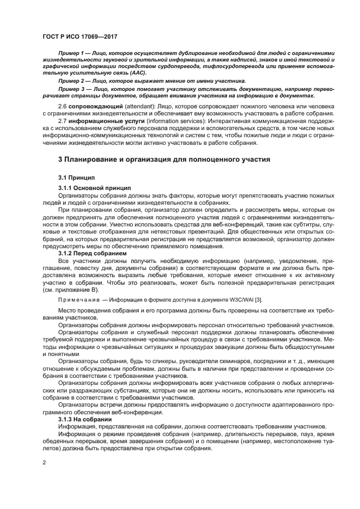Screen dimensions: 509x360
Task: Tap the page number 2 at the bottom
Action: [44, 462]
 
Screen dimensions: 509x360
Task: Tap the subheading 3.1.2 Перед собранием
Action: [92, 253]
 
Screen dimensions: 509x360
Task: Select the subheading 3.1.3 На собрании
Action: [84, 419]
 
